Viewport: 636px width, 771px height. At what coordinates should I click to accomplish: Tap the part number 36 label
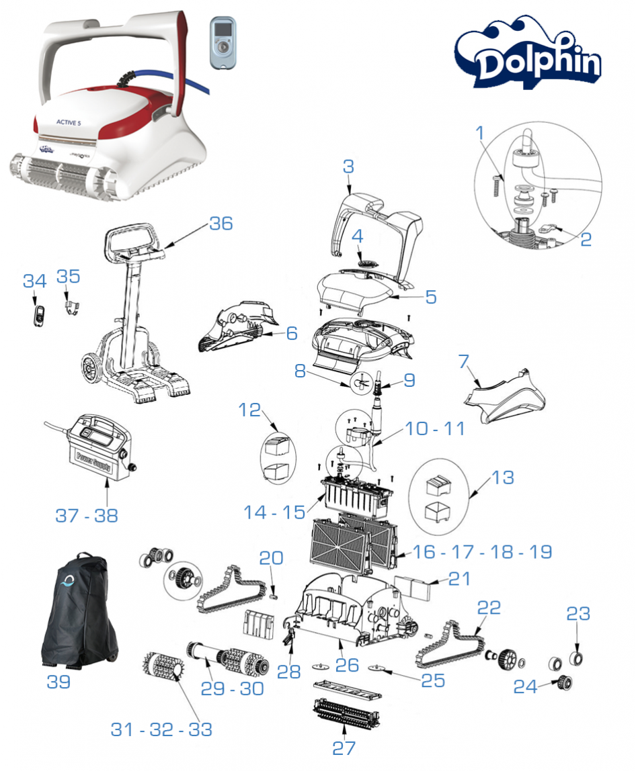(221, 223)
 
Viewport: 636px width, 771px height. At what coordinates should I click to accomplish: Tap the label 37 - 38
(86, 516)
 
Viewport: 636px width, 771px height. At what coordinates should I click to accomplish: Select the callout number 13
(503, 478)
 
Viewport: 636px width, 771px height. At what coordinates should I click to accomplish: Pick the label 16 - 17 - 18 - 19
(482, 552)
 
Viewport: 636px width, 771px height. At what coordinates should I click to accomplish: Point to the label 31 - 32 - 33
(161, 730)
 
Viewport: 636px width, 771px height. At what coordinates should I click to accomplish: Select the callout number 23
(578, 613)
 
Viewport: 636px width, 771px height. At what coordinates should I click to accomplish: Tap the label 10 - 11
(435, 428)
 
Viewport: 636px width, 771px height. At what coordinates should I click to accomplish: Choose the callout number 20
(272, 557)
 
